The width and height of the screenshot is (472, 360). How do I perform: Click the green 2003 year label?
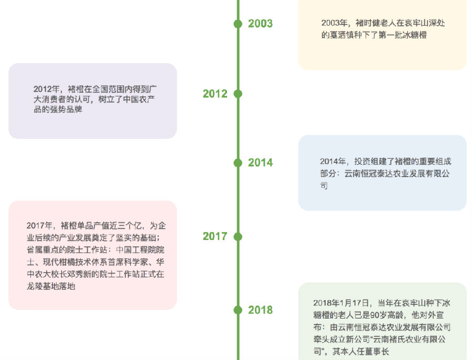coord(260,24)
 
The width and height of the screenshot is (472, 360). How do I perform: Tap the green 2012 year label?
coord(215,94)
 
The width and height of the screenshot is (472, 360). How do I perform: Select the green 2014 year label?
coord(260,162)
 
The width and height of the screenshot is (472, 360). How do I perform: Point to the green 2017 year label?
coord(215,236)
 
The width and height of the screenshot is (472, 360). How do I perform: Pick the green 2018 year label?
coord(260,310)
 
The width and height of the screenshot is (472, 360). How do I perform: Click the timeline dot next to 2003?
coord(238,24)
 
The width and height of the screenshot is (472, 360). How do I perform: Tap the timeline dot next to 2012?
coord(238,94)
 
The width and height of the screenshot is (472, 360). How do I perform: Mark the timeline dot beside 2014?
coord(238,163)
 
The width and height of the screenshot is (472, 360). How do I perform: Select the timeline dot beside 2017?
coord(238,237)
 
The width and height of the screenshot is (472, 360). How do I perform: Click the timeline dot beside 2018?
coord(238,310)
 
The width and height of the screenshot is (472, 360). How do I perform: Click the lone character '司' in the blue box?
coord(324,186)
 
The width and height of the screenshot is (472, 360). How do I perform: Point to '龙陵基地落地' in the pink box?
coord(51,286)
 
